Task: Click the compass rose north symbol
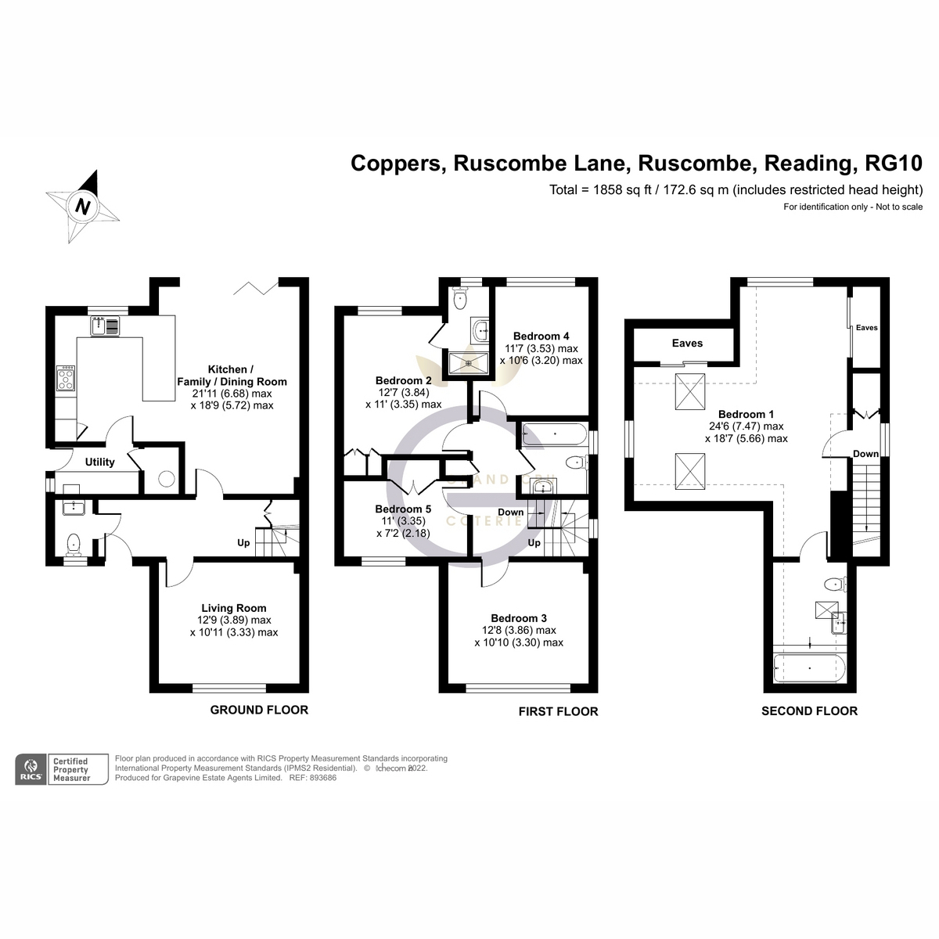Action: pos(82,207)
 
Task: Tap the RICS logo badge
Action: pos(31,768)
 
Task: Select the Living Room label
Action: pos(233,608)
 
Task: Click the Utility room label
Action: pos(99,462)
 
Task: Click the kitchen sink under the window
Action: pos(105,325)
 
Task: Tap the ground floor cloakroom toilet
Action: pos(74,542)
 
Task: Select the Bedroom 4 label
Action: pos(541,336)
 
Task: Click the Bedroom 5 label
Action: pos(403,509)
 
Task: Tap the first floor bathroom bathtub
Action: pos(552,434)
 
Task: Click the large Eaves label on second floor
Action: pos(687,343)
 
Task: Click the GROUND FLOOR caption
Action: pos(259,710)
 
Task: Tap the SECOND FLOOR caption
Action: pos(809,711)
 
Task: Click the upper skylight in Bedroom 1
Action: pos(689,390)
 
